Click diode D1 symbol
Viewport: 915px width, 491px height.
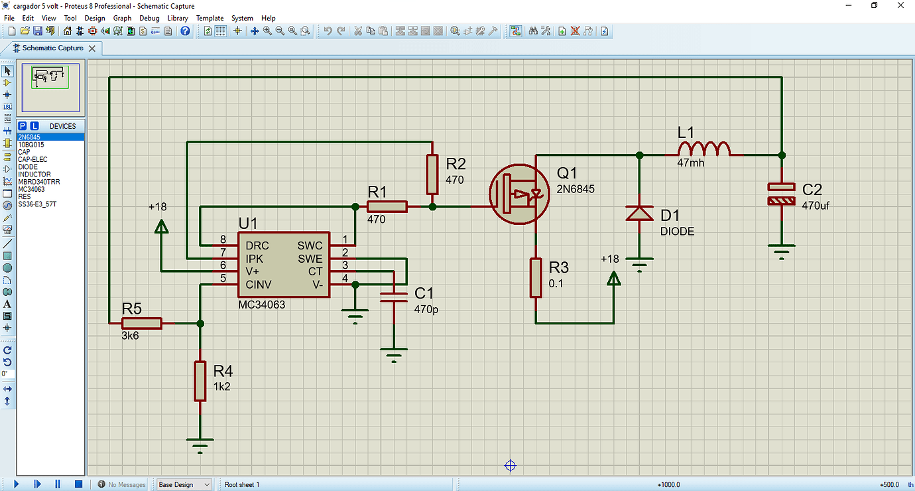[639, 213]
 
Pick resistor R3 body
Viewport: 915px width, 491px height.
[536, 277]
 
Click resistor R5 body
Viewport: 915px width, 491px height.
[141, 323]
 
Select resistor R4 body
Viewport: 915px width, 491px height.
[200, 381]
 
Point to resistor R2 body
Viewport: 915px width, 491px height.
[432, 174]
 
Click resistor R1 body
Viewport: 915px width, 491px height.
[387, 207]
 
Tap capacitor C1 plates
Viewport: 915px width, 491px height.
[394, 297]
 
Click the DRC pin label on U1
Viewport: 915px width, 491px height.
[257, 245]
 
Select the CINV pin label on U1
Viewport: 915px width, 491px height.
[259, 284]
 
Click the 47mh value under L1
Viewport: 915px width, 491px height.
[691, 163]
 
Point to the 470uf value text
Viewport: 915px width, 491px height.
[816, 206]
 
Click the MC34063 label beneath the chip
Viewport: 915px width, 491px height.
[261, 304]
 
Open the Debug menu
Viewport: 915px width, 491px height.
[149, 18]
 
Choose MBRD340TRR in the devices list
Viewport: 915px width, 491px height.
[37, 182]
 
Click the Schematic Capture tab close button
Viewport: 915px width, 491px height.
[92, 48]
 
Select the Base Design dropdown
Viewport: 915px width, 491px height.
[184, 484]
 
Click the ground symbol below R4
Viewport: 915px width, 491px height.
[200, 443]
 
